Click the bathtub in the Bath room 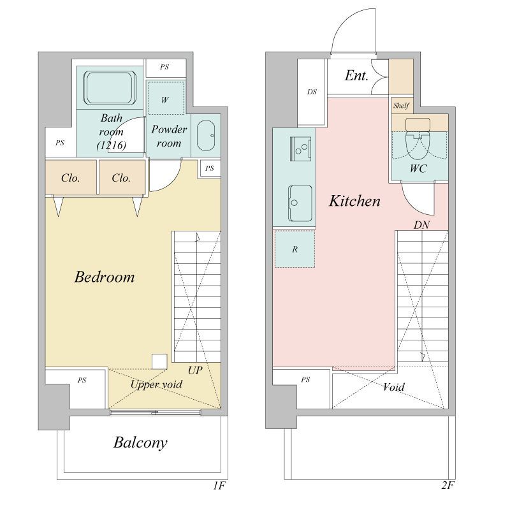[110, 88]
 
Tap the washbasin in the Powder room [206, 136]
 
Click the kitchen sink [300, 203]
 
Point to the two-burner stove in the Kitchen [300, 149]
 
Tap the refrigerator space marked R [295, 249]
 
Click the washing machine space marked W [166, 98]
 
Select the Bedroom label [105, 277]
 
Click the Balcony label [140, 442]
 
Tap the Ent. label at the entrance [356, 75]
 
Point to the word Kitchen [354, 201]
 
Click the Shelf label [401, 105]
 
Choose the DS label [312, 92]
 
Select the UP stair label [195, 370]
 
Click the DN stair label [421, 225]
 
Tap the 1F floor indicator [219, 486]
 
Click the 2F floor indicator [448, 485]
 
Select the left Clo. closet [71, 177]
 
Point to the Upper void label [156, 384]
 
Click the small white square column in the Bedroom [159, 361]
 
